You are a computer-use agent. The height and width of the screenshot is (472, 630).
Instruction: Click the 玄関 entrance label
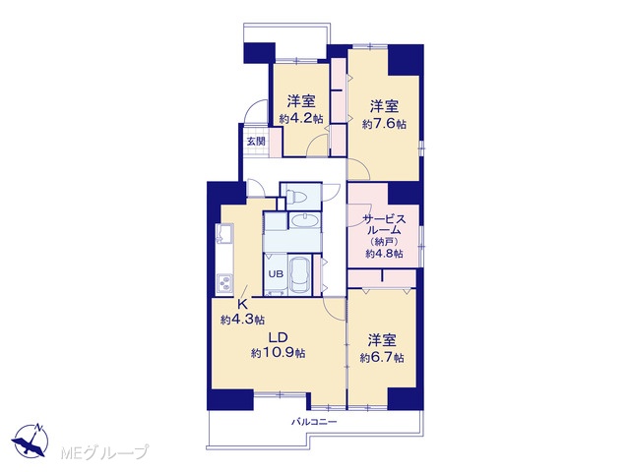click(256, 142)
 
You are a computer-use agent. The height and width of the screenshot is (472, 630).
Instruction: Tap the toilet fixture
click(296, 197)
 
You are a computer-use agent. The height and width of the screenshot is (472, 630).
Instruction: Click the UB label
click(276, 274)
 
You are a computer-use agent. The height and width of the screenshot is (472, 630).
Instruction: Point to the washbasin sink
click(304, 220)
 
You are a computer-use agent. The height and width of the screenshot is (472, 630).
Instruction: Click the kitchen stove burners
click(224, 283)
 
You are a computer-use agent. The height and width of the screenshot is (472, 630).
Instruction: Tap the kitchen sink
click(223, 234)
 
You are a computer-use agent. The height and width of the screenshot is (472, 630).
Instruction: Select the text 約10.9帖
click(278, 353)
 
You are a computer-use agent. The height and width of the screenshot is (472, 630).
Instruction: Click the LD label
click(277, 337)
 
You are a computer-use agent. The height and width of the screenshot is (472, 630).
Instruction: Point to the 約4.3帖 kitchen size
click(242, 320)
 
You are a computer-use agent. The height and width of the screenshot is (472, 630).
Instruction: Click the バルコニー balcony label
click(314, 422)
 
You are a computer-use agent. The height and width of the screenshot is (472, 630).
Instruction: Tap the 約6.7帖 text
click(382, 358)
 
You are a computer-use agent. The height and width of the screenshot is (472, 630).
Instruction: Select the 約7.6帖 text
click(384, 124)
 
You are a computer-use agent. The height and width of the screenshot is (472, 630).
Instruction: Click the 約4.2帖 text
click(301, 118)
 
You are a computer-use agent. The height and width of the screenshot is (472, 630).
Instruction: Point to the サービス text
click(384, 219)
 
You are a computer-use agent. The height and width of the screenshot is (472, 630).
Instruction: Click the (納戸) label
click(383, 242)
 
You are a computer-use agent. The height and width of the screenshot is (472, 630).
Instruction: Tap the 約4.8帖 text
click(384, 254)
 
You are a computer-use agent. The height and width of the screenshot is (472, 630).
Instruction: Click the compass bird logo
click(31, 440)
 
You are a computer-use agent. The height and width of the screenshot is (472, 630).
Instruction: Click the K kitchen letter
click(242, 304)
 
